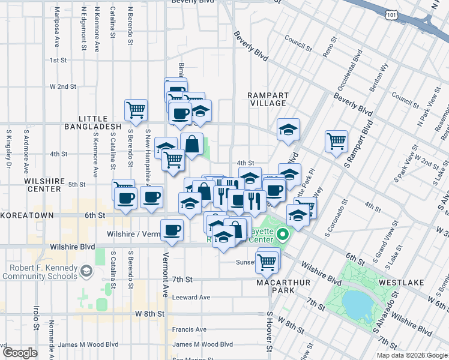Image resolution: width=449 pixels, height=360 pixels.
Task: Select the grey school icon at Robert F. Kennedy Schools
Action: click(x=87, y=271)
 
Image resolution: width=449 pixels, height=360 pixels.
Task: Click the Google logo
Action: click(x=20, y=353)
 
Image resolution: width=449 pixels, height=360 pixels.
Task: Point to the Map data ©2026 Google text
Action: click(x=412, y=355)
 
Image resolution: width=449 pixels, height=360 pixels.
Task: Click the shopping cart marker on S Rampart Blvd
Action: click(x=337, y=141)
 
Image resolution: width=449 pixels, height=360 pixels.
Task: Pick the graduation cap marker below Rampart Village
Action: click(x=288, y=128)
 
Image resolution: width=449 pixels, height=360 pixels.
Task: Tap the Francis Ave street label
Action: click(x=189, y=329)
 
